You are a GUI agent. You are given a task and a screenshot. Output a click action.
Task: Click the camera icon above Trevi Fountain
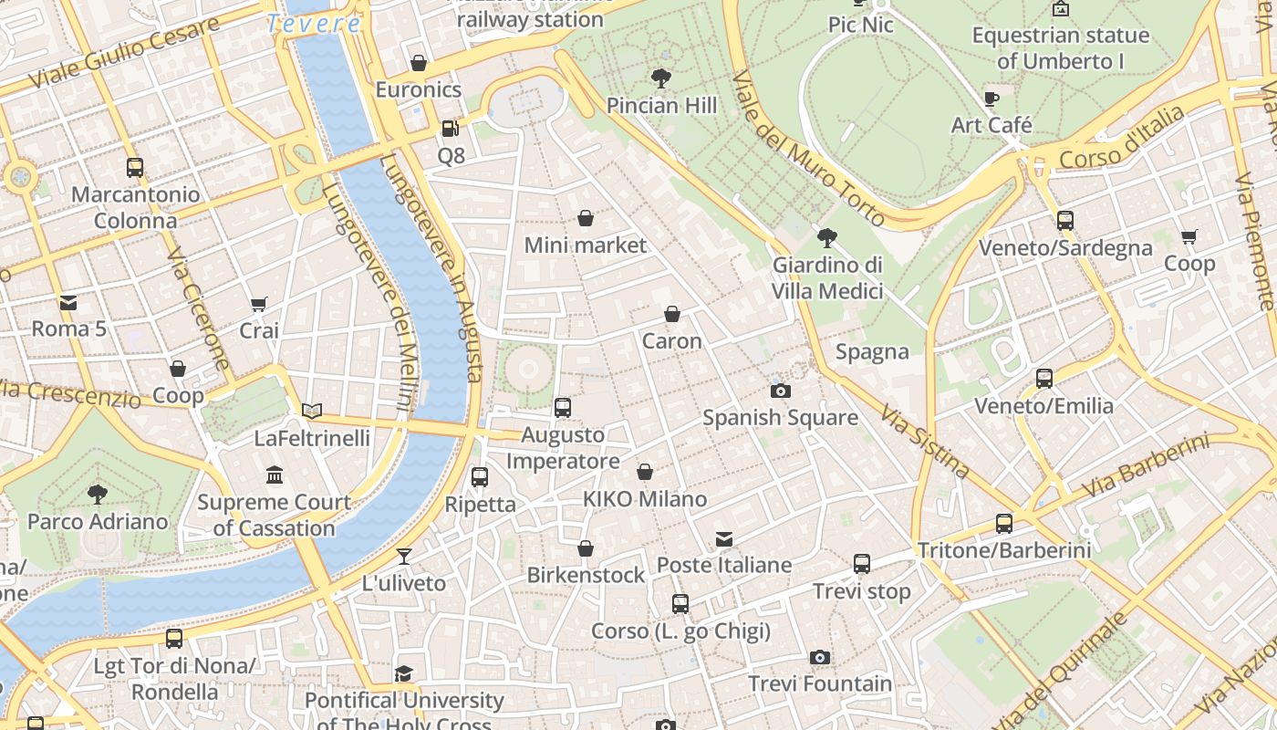tap(819, 657)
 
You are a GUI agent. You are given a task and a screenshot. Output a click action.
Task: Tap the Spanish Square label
tap(780, 418)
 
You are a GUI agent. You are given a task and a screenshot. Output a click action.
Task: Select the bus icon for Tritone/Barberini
tap(1003, 524)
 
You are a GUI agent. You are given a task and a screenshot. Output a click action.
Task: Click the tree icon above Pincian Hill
tap(661, 78)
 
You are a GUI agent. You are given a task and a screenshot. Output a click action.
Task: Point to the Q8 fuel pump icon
tap(450, 129)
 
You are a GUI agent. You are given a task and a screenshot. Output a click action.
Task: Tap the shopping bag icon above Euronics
tap(419, 63)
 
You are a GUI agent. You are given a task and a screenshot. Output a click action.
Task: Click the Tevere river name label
tap(313, 24)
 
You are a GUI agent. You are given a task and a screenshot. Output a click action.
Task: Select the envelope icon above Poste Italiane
tap(724, 538)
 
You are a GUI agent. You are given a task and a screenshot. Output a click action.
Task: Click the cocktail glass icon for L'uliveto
tap(404, 556)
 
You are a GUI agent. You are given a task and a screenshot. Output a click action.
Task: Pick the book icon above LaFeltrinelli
tap(312, 412)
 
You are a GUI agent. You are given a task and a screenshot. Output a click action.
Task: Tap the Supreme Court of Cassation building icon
tap(275, 474)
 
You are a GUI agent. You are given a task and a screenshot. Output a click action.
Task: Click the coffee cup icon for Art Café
tap(991, 99)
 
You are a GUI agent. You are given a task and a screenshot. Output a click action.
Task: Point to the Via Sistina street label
tap(924, 442)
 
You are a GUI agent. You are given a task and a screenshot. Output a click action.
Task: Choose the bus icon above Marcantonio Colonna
tap(135, 168)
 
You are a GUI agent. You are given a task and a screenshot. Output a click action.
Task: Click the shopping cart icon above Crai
tap(259, 304)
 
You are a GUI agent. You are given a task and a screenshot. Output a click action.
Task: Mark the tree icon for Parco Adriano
tap(98, 495)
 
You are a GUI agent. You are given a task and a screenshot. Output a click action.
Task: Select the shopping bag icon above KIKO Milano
tap(645, 472)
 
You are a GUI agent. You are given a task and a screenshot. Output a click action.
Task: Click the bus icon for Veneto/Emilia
tap(1044, 379)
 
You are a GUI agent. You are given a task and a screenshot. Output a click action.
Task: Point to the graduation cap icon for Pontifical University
tap(403, 673)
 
